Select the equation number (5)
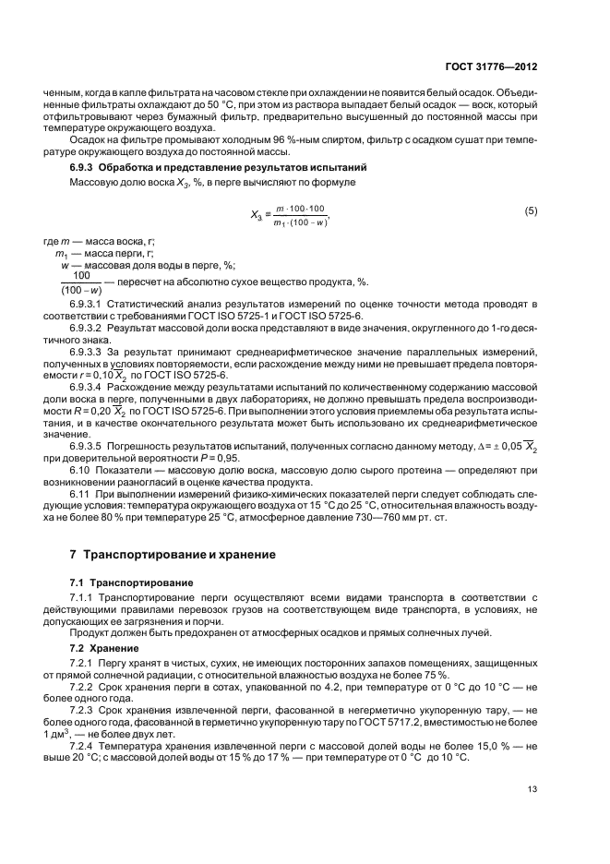[531, 211]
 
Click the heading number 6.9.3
[86, 168]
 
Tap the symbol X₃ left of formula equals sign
[258, 215]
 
